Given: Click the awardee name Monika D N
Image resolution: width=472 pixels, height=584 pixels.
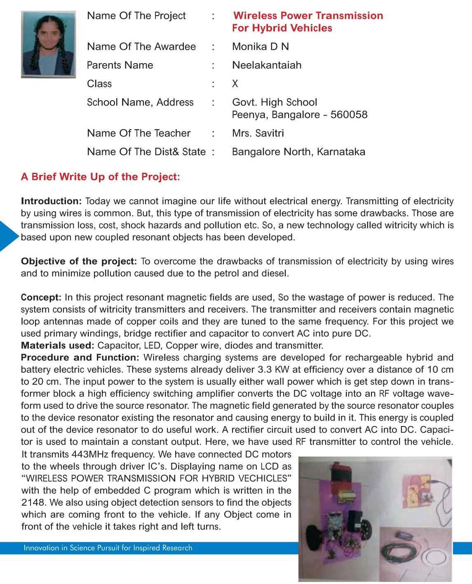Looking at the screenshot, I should [x=260, y=47].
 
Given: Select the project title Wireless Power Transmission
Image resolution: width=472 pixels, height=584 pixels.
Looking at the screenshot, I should [x=308, y=16].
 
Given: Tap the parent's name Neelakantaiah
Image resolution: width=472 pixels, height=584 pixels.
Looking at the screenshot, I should [x=267, y=65].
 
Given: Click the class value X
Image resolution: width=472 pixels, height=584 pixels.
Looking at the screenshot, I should [x=235, y=84].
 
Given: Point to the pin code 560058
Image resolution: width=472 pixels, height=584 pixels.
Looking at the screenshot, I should [x=349, y=115].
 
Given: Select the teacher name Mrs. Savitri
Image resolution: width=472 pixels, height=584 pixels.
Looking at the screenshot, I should [x=258, y=133].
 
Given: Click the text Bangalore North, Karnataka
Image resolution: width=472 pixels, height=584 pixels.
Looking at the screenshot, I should [x=298, y=152].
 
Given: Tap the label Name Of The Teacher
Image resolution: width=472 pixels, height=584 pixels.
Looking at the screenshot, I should [x=139, y=133].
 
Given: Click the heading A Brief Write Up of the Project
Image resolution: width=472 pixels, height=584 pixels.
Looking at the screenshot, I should [x=101, y=177].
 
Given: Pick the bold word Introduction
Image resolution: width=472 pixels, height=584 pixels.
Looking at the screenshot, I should [x=52, y=201].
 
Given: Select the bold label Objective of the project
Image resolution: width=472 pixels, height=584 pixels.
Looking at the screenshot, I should [x=79, y=261].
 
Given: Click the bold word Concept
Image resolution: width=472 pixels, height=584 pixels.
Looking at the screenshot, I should [x=41, y=297].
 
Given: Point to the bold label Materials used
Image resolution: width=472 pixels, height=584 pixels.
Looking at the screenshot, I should [x=58, y=346].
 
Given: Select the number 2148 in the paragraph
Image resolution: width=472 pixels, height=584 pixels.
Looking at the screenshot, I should [x=33, y=503].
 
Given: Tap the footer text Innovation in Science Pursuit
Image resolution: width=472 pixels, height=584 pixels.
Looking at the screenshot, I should [x=108, y=548].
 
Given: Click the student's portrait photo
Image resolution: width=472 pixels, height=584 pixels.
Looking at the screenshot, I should [x=49, y=44].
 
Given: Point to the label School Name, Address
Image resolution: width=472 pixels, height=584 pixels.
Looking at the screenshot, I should [x=140, y=102].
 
